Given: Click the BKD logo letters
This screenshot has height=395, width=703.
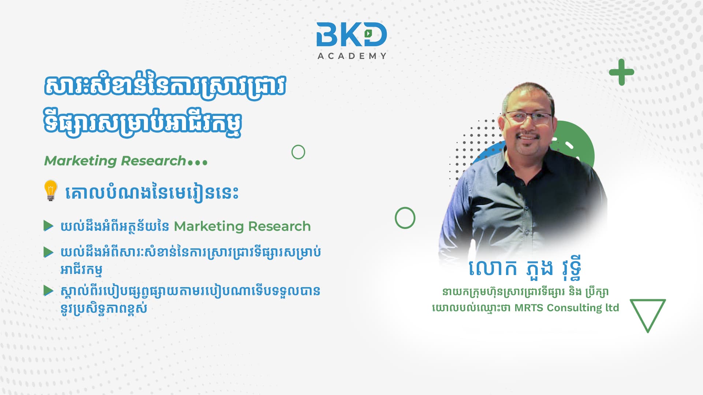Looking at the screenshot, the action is tap(351, 34).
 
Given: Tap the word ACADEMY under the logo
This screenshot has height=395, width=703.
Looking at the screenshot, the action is tap(352, 56).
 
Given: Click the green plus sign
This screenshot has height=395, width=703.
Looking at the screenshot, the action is tap(621, 72).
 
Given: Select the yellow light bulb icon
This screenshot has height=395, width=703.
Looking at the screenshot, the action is tap(51, 190).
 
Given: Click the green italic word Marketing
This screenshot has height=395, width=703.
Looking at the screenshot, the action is tap(81, 161).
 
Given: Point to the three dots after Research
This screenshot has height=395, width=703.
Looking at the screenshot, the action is tap(197, 162).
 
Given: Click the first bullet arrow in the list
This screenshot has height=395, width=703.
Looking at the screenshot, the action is tap(48, 226).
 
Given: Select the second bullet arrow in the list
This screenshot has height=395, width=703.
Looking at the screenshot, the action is tap(48, 252).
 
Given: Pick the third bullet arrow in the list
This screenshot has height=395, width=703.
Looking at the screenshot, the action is tap(48, 291).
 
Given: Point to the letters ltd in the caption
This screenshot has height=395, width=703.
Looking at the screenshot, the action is tap(612, 307).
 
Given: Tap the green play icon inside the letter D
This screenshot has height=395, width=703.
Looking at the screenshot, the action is tap(368, 33).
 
